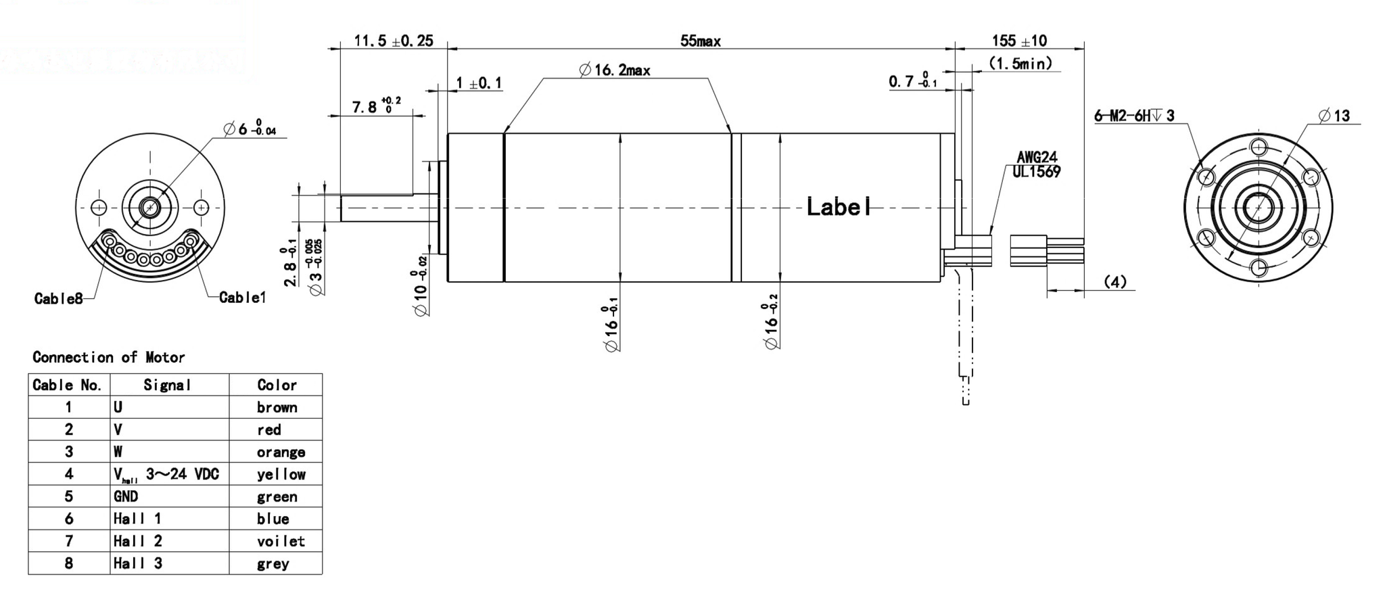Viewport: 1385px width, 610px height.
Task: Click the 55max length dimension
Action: pos(700,41)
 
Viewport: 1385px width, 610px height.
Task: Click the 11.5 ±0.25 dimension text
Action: pos(393,41)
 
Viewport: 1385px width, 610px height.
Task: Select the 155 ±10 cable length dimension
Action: pos(1019,41)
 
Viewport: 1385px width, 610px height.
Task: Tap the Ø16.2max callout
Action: pos(615,70)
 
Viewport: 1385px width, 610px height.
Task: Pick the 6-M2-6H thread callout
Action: pos(1134,116)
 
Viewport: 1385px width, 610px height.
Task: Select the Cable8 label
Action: pos(58,298)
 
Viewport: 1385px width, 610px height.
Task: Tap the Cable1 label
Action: pos(243,298)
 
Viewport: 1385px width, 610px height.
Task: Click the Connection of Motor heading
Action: pos(108,357)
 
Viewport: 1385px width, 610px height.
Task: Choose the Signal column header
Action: pos(168,385)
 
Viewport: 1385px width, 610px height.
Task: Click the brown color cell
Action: pos(277,407)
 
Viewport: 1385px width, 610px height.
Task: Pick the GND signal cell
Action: pos(126,496)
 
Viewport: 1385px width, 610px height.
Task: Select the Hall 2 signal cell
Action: pos(138,541)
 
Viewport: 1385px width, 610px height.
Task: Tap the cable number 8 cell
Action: pos(68,563)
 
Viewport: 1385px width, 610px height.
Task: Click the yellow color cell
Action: pos(281,474)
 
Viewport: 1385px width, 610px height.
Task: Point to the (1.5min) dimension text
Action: pos(1020,64)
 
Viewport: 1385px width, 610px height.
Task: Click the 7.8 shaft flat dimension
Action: pos(376,106)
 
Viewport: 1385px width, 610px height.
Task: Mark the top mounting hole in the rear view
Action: pos(1258,147)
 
